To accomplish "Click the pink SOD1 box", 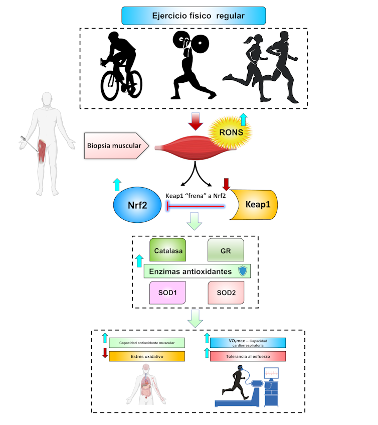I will pyautogui.click(x=168, y=293).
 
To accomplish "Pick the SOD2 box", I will pyautogui.click(x=226, y=293).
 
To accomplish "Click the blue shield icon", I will pyautogui.click(x=243, y=271).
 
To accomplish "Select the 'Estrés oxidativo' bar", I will pyautogui.click(x=147, y=357).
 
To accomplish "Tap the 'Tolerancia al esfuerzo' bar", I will pyautogui.click(x=248, y=356).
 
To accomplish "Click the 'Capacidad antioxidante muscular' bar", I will pyautogui.click(x=147, y=343).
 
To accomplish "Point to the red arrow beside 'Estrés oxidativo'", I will pyautogui.click(x=105, y=353).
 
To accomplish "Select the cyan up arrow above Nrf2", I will pyautogui.click(x=117, y=184).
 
